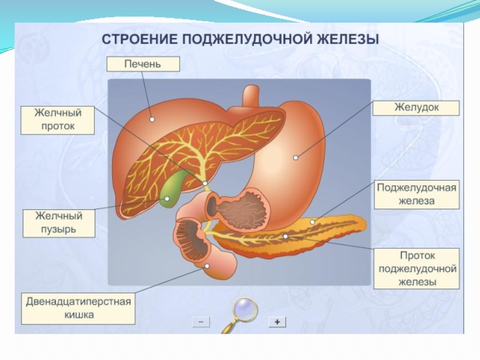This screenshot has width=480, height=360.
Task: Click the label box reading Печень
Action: pos(142,64)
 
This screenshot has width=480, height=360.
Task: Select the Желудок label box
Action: pos(416,108)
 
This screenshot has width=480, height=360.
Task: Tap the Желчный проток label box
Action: pos(58,120)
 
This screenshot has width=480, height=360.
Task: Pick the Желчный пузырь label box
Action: pos(58,223)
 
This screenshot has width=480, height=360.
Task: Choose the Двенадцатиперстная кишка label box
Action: pos(78,308)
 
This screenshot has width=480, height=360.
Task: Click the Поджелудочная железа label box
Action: pos(416,194)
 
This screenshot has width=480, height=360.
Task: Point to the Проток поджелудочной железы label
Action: pos(416,269)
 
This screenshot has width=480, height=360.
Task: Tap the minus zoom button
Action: pos(200,322)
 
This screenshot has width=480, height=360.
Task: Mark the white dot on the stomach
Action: pos(296,158)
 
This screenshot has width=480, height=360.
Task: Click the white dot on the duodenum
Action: pos(207,266)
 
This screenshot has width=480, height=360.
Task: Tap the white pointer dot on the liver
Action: pos(152,119)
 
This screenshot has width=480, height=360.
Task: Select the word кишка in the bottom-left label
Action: pos(78,315)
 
